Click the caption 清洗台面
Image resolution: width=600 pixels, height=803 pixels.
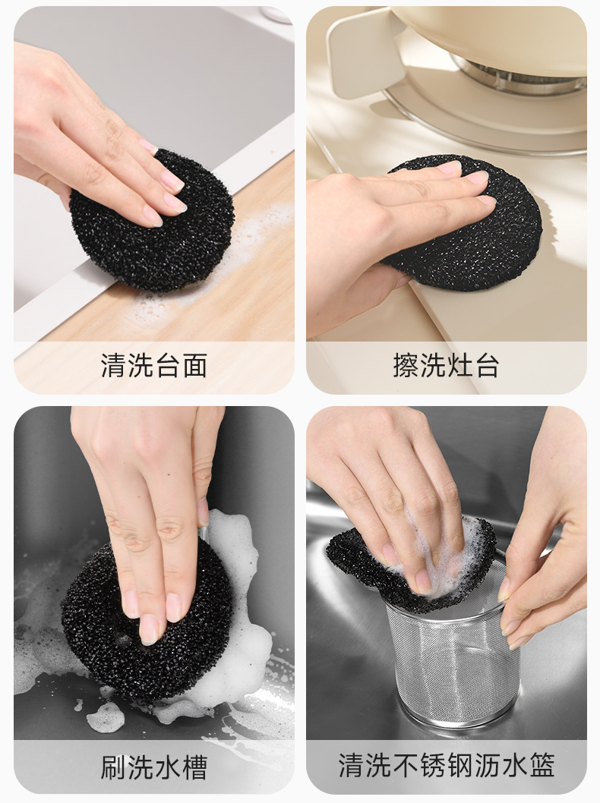[153, 366]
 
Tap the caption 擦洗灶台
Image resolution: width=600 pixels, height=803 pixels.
[447, 366]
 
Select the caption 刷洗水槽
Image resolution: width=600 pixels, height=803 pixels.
[153, 767]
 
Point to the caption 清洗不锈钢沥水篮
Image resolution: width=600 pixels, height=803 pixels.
[447, 766]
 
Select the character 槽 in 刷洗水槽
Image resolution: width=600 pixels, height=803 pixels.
[194, 767]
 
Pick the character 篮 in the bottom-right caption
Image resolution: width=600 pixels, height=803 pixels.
[542, 766]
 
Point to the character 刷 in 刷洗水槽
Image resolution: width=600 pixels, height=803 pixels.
[114, 767]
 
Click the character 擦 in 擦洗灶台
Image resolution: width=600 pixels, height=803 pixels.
[406, 366]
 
